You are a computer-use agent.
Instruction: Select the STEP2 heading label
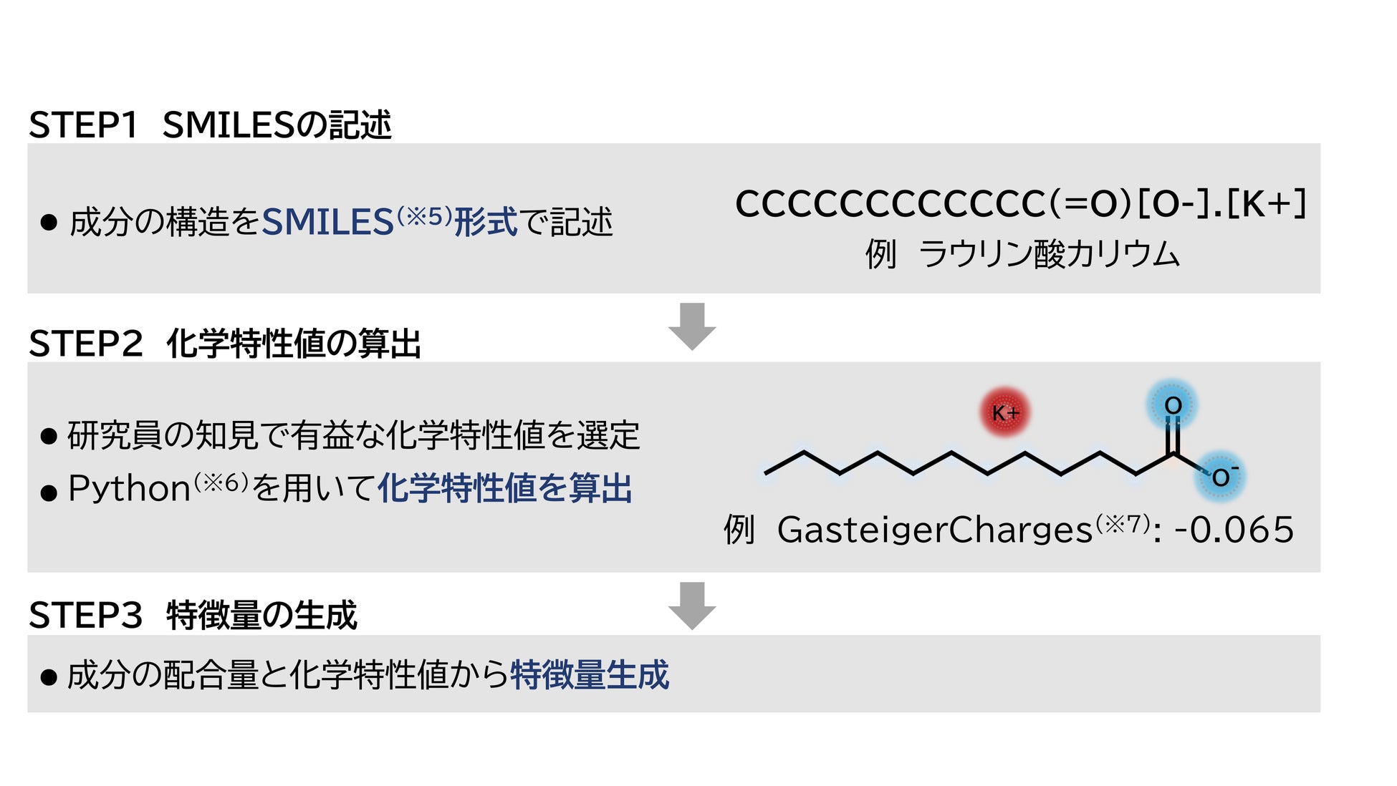(x=85, y=344)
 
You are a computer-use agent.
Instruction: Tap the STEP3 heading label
(x=85, y=616)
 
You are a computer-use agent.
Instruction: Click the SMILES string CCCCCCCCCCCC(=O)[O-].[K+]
(x=1021, y=204)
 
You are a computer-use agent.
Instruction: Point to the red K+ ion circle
(x=1004, y=413)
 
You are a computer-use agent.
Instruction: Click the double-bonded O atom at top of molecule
(x=1172, y=406)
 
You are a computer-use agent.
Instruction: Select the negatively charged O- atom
(x=1221, y=477)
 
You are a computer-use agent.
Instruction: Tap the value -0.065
(x=1234, y=530)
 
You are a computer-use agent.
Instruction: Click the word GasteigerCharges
(x=935, y=530)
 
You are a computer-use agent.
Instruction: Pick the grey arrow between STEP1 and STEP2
(x=692, y=326)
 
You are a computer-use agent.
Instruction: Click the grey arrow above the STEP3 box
(x=692, y=605)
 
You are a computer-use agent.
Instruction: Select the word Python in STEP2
(x=129, y=489)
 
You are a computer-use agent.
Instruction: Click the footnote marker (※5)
(x=424, y=215)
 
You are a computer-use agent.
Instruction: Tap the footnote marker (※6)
(x=221, y=482)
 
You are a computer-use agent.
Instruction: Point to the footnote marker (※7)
(x=1123, y=524)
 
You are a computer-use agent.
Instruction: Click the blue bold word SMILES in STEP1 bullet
(x=327, y=222)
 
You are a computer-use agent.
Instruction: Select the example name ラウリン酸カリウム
(x=1049, y=254)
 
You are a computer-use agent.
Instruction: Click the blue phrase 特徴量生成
(x=590, y=675)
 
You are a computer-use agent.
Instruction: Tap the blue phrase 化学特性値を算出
(x=504, y=489)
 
